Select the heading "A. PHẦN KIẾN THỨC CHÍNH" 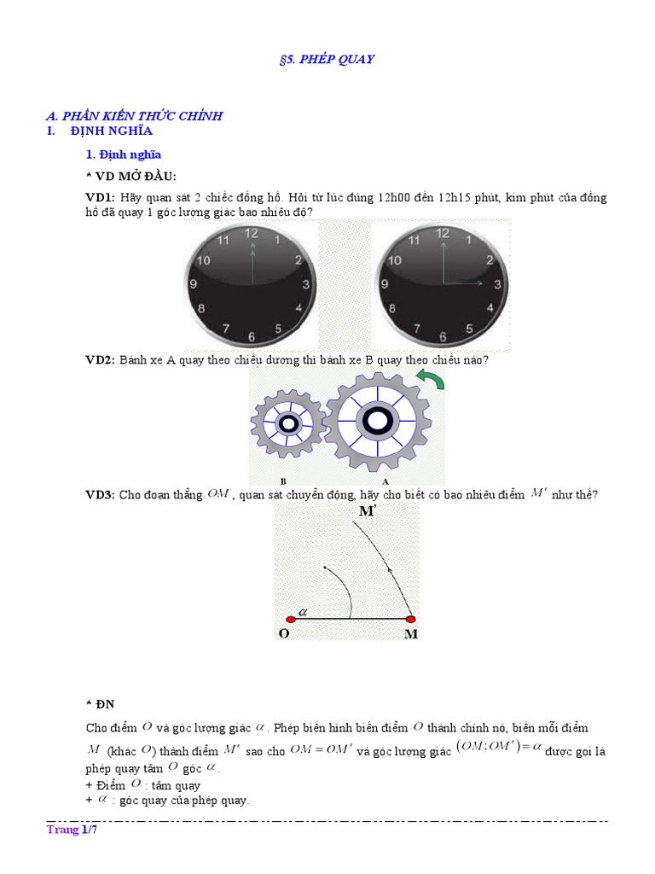pyautogui.click(x=134, y=115)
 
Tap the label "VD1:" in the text pyautogui.click(x=101, y=198)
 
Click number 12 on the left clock pyautogui.click(x=251, y=233)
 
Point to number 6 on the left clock pyautogui.click(x=251, y=336)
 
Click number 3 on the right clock pyautogui.click(x=496, y=283)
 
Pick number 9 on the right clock pyautogui.click(x=388, y=283)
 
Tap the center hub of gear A pyautogui.click(x=375, y=420)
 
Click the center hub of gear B pyautogui.click(x=288, y=423)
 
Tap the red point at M pyautogui.click(x=410, y=619)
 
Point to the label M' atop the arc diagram pyautogui.click(x=368, y=511)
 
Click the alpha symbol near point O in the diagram pyautogui.click(x=302, y=611)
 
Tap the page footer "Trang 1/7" pyautogui.click(x=72, y=830)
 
